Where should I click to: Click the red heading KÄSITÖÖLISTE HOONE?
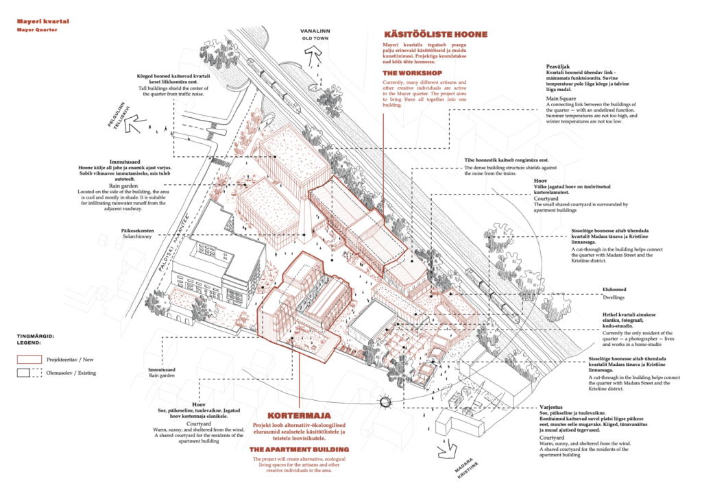[436, 34]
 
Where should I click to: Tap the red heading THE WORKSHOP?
[413, 73]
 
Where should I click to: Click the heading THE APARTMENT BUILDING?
[299, 449]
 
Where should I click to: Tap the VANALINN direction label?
[315, 32]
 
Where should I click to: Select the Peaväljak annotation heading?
[558, 66]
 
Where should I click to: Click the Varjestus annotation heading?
[550, 406]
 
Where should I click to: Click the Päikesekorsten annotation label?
[138, 230]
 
